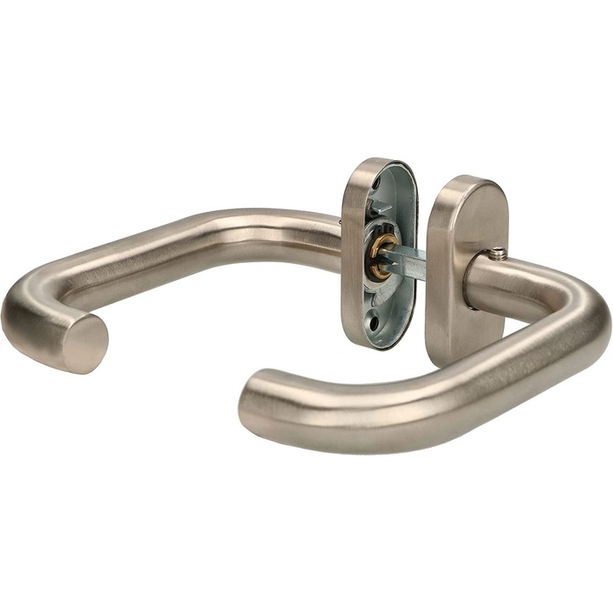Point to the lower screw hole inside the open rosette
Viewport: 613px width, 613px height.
380,311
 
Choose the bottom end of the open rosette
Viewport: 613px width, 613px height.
375,345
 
